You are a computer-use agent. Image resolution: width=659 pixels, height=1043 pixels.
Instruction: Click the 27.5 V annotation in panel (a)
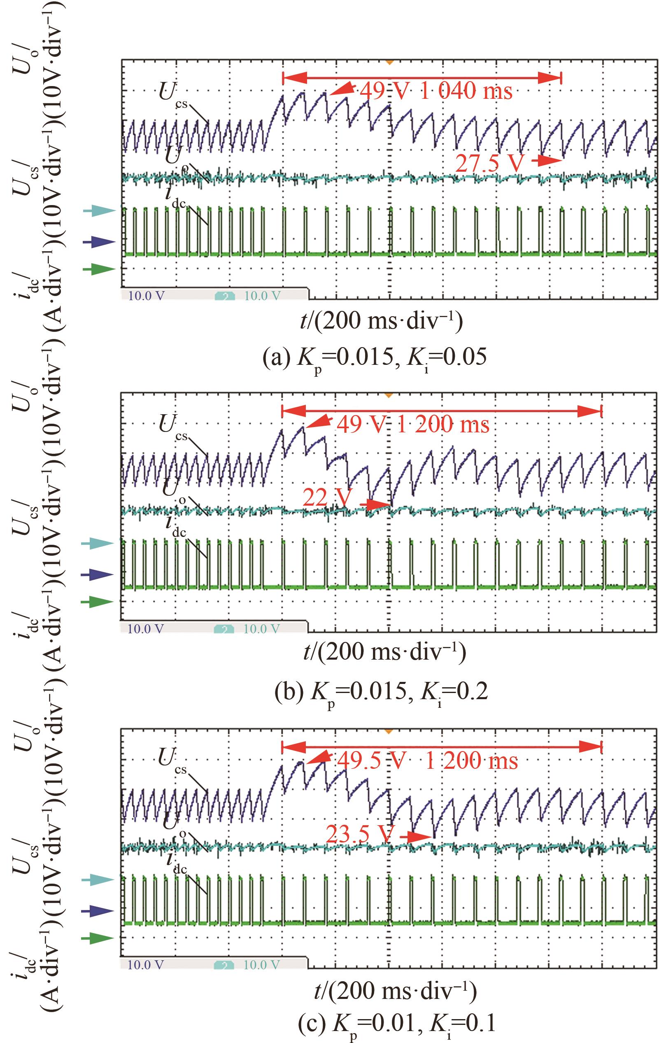(x=490, y=164)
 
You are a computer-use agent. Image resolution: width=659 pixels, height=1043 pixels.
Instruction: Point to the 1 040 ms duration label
(x=466, y=91)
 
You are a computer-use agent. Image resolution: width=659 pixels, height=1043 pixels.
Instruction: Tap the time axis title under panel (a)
(x=381, y=322)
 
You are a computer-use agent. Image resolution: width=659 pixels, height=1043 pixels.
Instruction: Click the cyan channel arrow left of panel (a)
(x=99, y=211)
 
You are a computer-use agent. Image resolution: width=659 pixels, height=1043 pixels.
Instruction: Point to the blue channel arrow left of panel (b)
(x=99, y=575)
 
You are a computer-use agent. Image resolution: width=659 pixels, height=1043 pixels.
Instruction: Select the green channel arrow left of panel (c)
(x=99, y=938)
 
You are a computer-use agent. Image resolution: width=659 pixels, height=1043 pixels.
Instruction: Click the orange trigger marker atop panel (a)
(x=389, y=63)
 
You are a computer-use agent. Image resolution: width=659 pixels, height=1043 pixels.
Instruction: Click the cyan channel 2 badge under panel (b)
(x=224, y=629)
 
